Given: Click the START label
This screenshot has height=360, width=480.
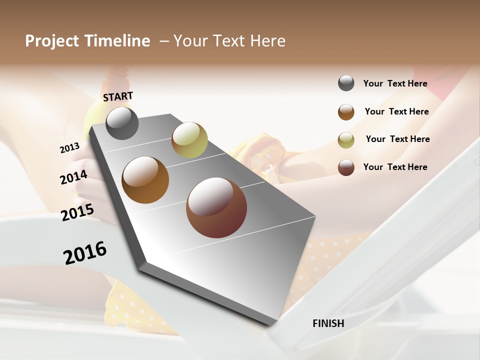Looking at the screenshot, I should (118, 96).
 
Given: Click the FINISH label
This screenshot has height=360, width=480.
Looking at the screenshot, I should (328, 323).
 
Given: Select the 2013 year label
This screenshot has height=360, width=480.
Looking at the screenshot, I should (69, 148).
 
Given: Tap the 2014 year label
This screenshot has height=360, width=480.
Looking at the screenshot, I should (73, 177).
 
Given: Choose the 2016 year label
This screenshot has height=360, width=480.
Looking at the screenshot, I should (85, 253).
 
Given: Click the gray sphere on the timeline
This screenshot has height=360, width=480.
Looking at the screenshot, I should (122, 123).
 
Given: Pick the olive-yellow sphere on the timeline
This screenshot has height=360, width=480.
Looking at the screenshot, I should (189, 140).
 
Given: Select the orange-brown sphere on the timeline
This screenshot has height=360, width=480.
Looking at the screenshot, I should (145, 180).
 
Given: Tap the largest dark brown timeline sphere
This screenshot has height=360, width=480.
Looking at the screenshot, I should (216, 207).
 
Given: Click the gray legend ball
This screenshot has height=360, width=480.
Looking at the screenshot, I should (346, 83).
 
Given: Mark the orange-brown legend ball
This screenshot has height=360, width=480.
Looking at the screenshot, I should (346, 112).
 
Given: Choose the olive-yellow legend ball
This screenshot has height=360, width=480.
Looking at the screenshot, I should (346, 140).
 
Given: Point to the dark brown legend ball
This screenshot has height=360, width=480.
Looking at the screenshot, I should (346, 167).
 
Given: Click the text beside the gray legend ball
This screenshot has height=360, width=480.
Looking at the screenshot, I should (395, 83).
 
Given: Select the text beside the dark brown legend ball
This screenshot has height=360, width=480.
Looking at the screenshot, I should (395, 167).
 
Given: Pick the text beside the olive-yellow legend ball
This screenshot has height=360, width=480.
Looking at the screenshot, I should (397, 139).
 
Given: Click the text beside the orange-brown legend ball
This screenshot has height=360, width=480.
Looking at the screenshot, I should (396, 111).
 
